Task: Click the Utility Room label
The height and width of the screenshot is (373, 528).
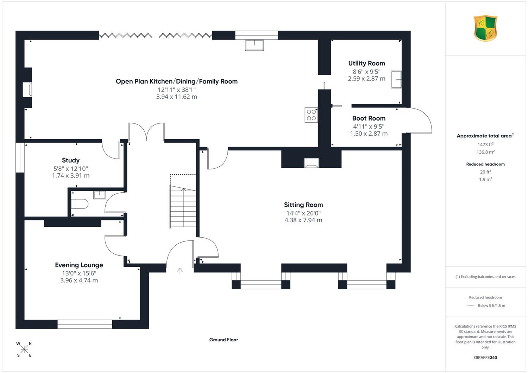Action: [366, 63]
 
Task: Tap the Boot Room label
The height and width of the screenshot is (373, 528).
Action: [369, 118]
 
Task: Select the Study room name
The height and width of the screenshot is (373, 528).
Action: [71, 160]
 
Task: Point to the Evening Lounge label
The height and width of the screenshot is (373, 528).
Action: [79, 265]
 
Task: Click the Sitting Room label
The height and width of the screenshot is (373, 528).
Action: [303, 205]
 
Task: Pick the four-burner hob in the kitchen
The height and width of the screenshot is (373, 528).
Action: [311, 115]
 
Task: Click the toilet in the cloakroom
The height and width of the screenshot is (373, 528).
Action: [80, 204]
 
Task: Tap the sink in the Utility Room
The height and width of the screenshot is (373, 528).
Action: [396, 79]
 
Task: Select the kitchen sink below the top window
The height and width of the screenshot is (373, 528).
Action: [254, 45]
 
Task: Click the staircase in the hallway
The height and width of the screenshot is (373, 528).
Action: [183, 207]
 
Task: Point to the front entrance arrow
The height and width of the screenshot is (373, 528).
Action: [180, 271]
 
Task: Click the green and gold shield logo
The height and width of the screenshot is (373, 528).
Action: [485, 28]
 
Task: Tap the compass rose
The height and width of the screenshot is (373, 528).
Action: [24, 349]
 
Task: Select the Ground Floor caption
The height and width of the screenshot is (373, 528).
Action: [224, 340]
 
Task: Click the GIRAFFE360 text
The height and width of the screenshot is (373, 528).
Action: [485, 358]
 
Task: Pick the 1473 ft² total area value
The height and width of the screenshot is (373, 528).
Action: [485, 144]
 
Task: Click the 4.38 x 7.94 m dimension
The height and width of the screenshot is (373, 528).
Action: [303, 220]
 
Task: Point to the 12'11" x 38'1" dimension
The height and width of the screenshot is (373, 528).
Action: [177, 90]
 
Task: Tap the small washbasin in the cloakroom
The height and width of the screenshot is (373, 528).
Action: [100, 195]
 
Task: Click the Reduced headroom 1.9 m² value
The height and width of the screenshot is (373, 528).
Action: [485, 179]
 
